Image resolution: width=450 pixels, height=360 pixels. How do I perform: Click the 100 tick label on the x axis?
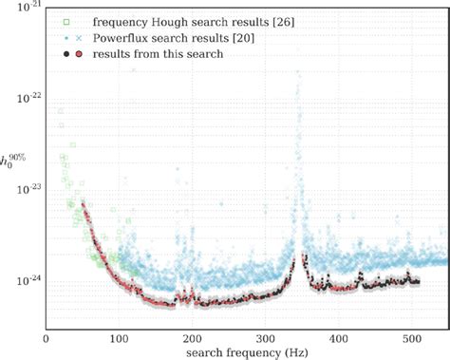[x=119, y=338]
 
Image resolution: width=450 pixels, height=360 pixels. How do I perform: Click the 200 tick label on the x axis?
[x=192, y=338]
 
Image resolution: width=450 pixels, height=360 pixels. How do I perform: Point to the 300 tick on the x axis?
[x=265, y=338]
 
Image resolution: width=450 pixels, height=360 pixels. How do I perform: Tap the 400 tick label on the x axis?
[x=338, y=338]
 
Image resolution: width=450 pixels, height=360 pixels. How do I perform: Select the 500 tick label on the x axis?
[x=411, y=338]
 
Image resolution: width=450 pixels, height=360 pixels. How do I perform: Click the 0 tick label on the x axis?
[x=46, y=338]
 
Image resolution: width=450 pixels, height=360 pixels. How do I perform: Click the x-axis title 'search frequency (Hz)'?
[x=246, y=352]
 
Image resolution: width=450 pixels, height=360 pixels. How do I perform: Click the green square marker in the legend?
[x=64, y=19]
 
